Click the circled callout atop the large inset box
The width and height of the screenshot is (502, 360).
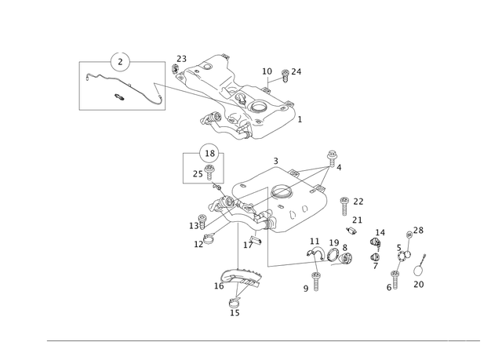[118, 60]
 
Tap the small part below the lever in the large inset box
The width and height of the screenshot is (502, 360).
[118, 97]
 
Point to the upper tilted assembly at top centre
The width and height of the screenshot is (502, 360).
[243, 98]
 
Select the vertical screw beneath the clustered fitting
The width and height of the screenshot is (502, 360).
[315, 281]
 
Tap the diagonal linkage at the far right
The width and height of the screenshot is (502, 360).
[406, 251]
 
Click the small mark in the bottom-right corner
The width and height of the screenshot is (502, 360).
[467, 341]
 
